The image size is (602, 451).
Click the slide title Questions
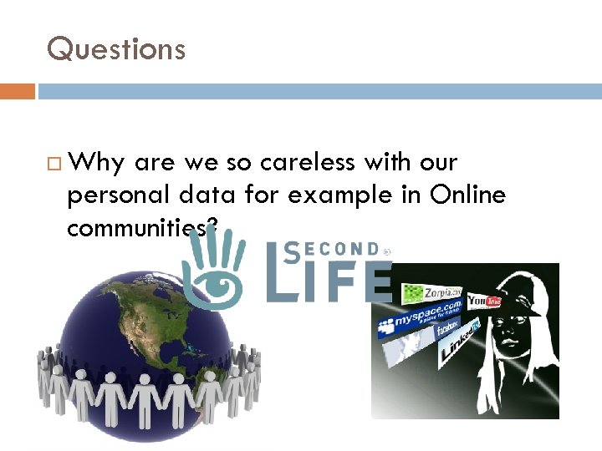116,49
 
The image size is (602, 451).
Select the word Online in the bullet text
468,195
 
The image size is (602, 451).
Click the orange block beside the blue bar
17,91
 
